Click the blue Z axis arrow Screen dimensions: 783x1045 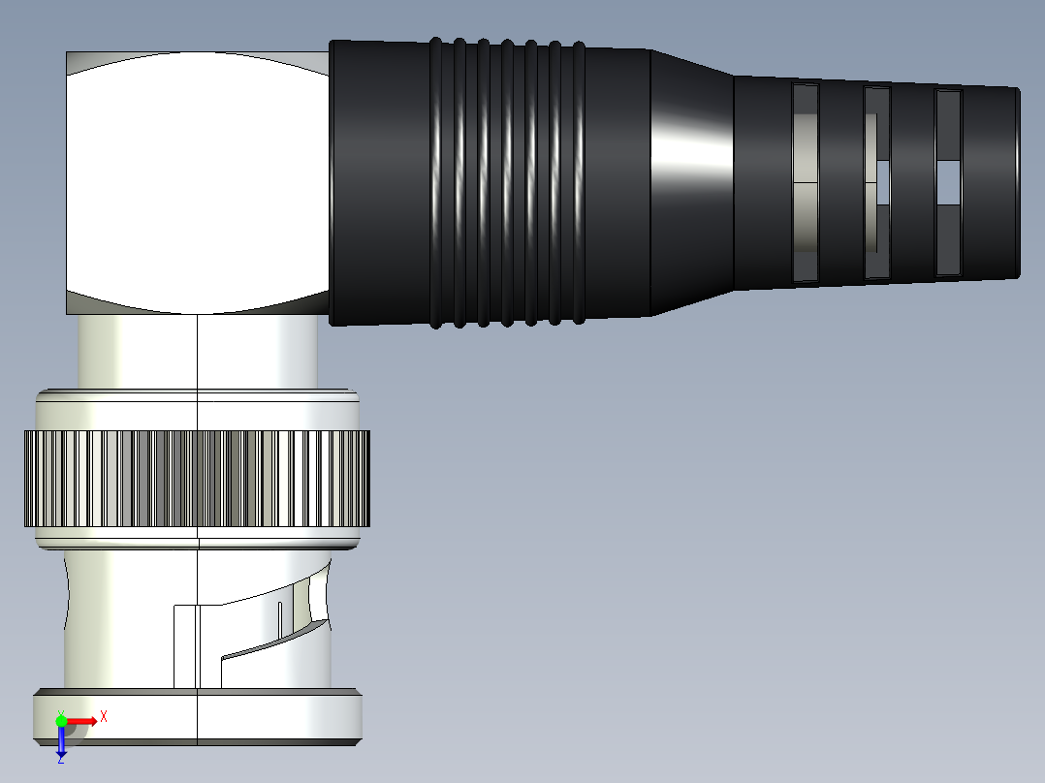(61, 740)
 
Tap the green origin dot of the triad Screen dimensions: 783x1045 (61, 721)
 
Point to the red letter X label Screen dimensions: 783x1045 (104, 716)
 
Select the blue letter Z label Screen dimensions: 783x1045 (60, 760)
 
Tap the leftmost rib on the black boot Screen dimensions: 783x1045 (436, 182)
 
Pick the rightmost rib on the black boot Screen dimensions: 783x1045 (578, 182)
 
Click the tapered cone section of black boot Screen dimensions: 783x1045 (690, 182)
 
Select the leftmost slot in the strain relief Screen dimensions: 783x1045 (806, 182)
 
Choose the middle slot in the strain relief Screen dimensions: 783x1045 (876, 182)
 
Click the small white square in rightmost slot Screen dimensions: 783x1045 (948, 181)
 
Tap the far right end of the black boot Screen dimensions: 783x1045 (1015, 182)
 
